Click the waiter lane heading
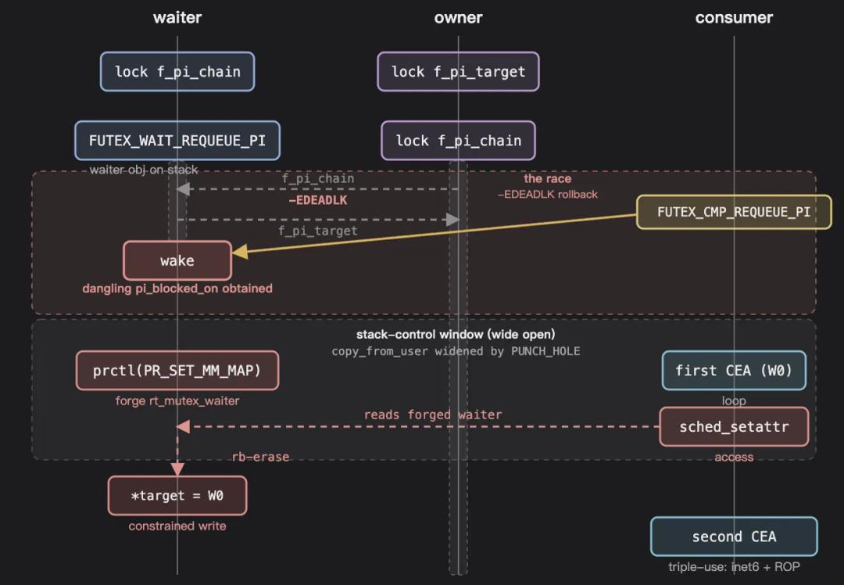(177, 18)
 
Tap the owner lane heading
(458, 18)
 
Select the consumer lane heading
(734, 18)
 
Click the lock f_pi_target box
(458, 72)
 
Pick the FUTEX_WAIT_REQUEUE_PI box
(177, 141)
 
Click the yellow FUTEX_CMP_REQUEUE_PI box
(734, 212)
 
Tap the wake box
(177, 260)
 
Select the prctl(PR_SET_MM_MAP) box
(177, 371)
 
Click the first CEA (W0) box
(734, 371)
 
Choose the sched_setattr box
(734, 427)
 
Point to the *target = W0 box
(177, 496)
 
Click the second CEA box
(734, 537)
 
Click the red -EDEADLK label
(317, 200)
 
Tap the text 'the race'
(547, 179)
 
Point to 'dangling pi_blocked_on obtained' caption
(177, 289)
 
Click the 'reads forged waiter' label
(433, 415)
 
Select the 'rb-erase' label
(260, 457)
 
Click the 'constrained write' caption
(177, 526)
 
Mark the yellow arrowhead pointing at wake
(240, 252)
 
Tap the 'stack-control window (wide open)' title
(456, 335)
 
